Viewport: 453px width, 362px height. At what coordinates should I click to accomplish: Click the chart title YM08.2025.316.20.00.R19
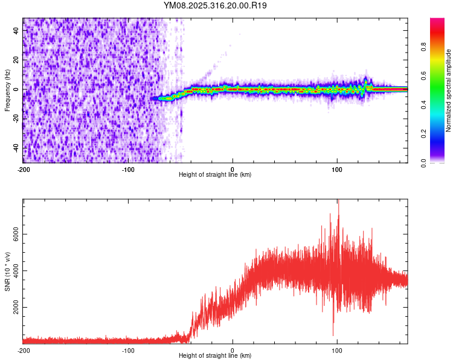(215, 5)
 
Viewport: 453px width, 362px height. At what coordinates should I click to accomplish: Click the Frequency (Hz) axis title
(7, 91)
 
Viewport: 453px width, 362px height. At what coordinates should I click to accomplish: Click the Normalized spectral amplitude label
(448, 91)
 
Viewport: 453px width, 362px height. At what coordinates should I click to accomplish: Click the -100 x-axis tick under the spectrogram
(127, 168)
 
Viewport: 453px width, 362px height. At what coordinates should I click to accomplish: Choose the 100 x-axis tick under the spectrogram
(337, 168)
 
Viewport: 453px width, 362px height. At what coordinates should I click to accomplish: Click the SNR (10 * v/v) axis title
(7, 271)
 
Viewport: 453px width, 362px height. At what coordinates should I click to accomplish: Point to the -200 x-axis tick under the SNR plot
(23, 350)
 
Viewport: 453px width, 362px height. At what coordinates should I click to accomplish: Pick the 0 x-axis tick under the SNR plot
(233, 350)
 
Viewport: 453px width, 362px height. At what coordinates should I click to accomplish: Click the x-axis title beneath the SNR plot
(215, 356)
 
